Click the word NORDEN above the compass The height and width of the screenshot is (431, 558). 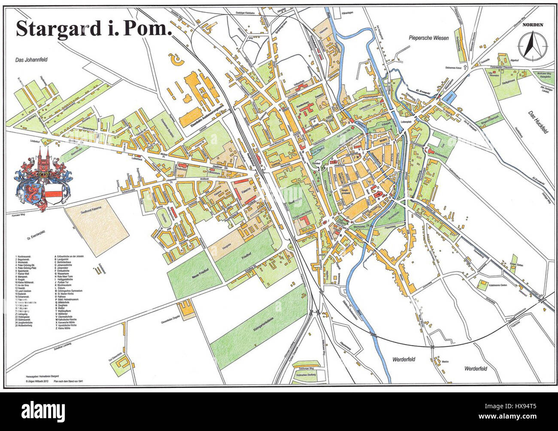click(532, 25)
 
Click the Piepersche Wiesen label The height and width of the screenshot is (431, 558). click(428, 38)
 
